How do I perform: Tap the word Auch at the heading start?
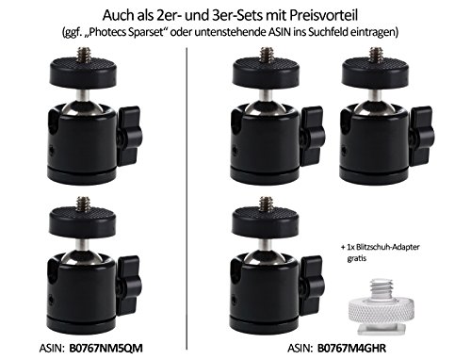pyautogui.click(x=116, y=15)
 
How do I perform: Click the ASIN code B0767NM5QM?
pyautogui.click(x=106, y=348)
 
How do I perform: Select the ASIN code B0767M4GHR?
pyautogui.click(x=351, y=348)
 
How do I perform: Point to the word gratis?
pyautogui.click(x=357, y=258)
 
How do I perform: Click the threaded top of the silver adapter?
pyautogui.click(x=381, y=288)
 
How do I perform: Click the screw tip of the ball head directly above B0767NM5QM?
pyautogui.click(x=84, y=205)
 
